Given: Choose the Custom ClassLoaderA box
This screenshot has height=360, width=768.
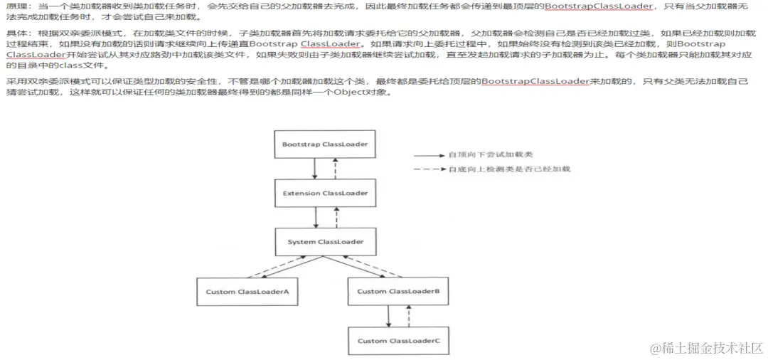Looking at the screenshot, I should tap(247, 292).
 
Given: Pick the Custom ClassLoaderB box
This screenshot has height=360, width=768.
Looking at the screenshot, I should tap(398, 292).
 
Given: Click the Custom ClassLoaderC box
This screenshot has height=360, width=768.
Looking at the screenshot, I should tap(398, 341).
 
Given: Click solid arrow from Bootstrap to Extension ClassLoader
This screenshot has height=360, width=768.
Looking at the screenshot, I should tap(314, 169).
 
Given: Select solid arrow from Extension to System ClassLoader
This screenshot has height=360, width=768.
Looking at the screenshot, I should tap(314, 218).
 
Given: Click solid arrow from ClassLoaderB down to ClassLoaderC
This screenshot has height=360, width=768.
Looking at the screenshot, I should tap(388, 316).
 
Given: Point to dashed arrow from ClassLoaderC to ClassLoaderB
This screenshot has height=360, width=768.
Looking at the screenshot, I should tap(407, 316).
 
